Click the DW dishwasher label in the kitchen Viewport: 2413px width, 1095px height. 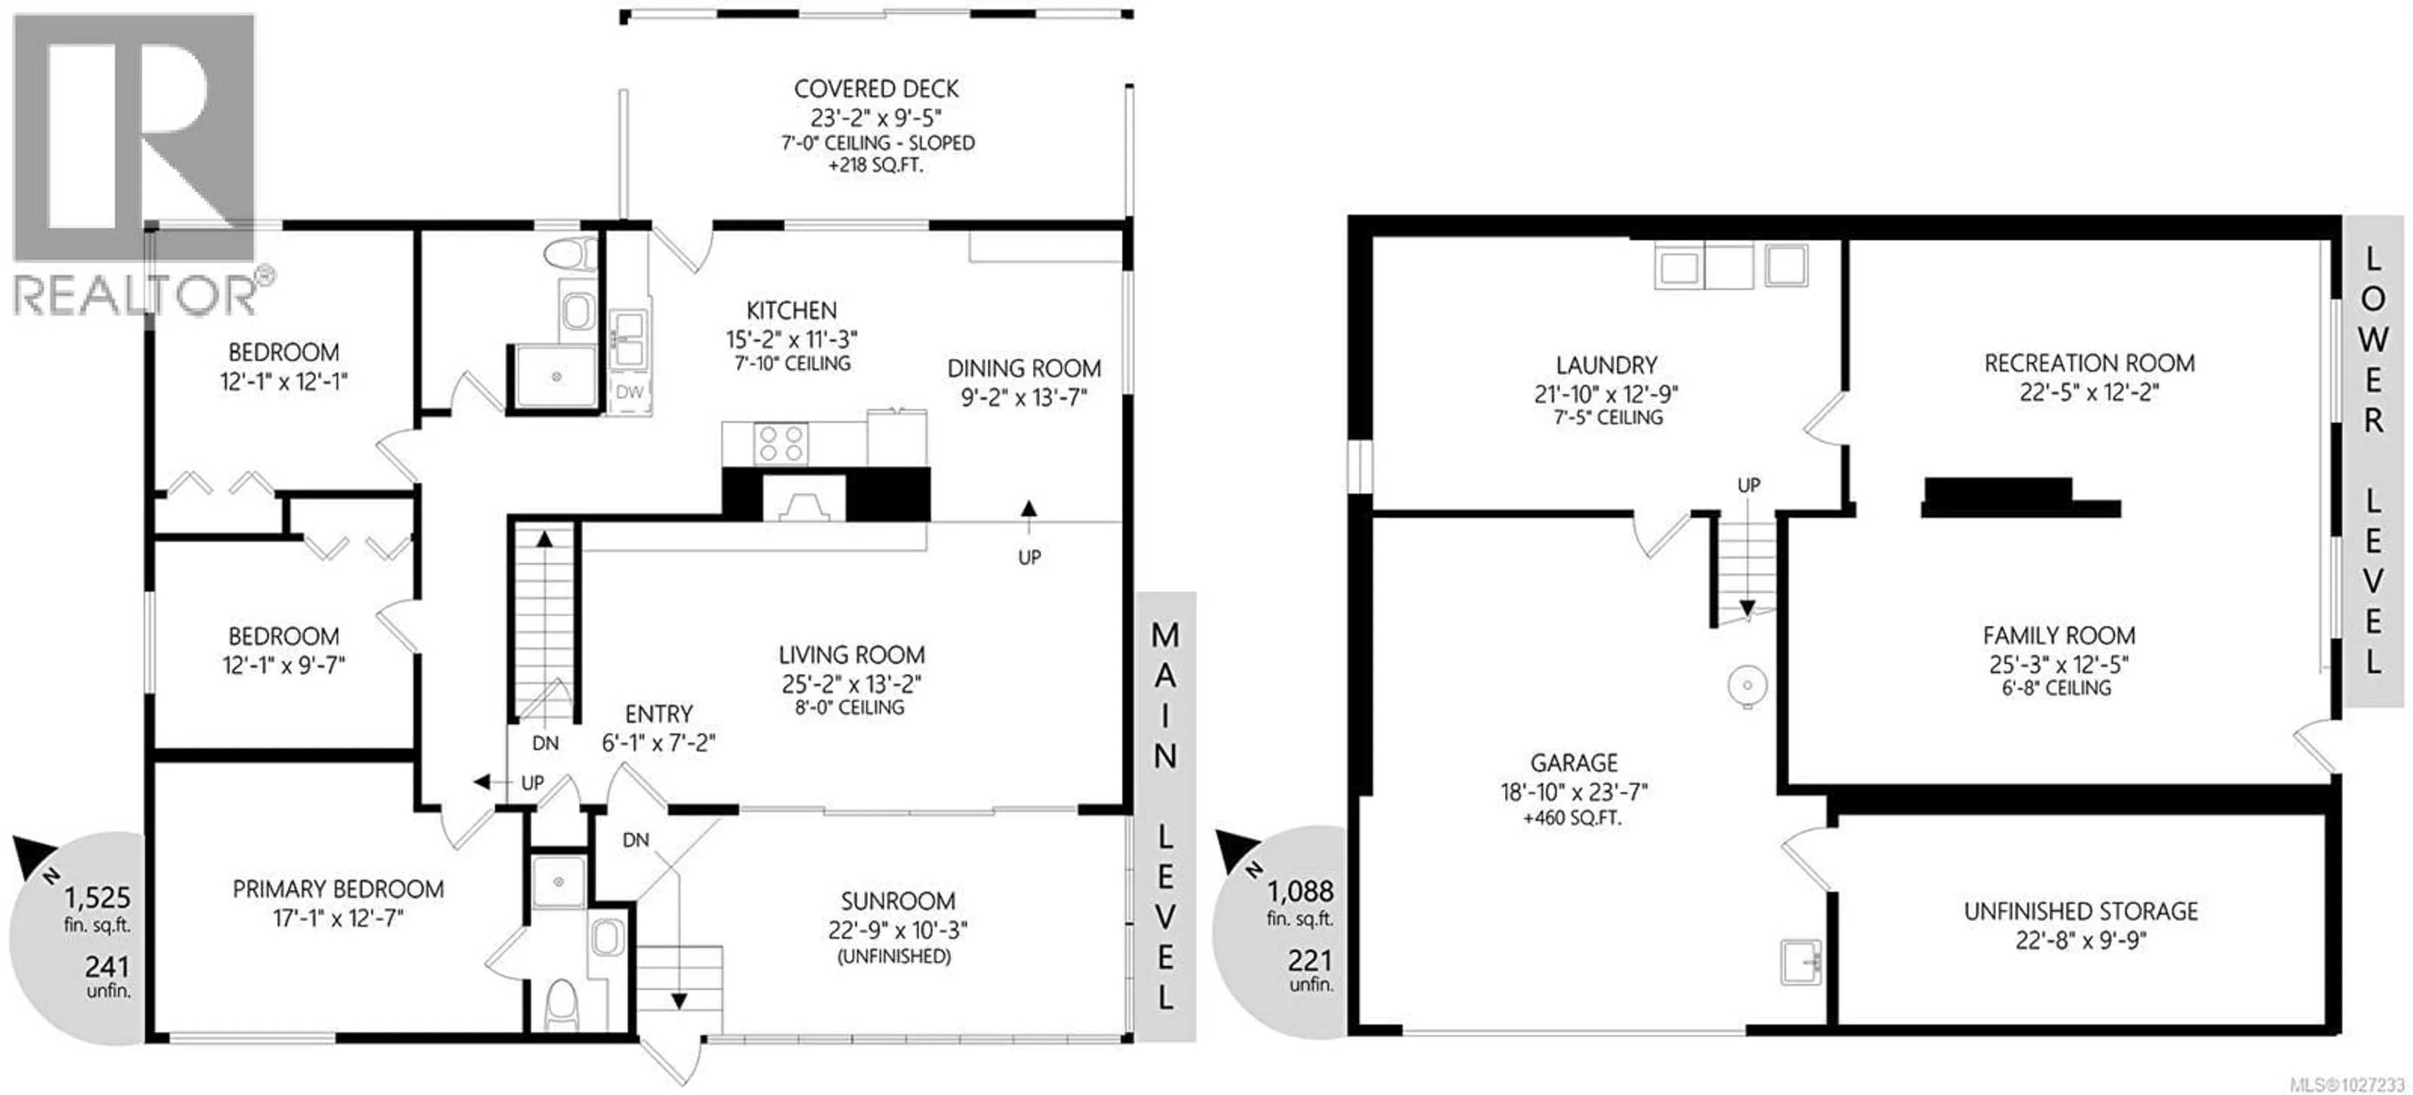point(630,392)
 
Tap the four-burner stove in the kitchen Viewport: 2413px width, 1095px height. point(781,443)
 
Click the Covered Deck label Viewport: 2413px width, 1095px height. point(876,89)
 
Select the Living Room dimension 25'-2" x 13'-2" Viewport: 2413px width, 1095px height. point(851,684)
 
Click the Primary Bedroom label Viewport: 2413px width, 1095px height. point(338,889)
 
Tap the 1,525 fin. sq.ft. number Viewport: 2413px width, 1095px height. point(97,898)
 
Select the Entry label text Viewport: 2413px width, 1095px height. point(659,714)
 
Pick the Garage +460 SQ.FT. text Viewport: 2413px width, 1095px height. point(1573,818)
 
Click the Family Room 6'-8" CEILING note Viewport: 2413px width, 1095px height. point(2058,688)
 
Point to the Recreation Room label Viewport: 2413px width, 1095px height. point(2089,363)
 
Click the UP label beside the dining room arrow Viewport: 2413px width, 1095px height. point(1029,558)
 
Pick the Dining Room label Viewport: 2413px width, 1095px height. point(1024,368)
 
